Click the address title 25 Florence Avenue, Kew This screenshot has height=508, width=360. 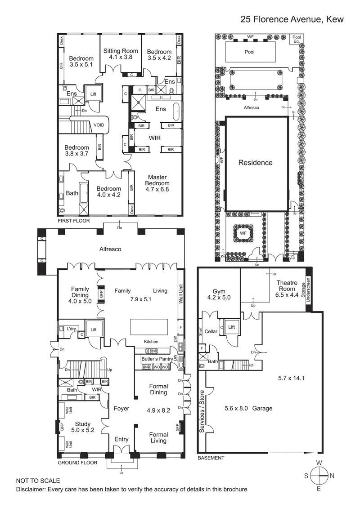(292, 19)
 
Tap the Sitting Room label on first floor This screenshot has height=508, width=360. (121, 51)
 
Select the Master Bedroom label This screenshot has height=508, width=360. (157, 180)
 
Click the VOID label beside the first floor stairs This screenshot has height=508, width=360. (99, 125)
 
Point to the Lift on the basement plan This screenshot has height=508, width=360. (231, 327)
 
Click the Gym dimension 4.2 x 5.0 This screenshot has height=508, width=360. (218, 297)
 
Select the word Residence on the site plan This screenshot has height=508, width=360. (255, 163)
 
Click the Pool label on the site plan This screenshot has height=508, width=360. (249, 52)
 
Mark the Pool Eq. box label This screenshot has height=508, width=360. (297, 40)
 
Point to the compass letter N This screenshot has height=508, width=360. (332, 476)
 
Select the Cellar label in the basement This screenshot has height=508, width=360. (211, 332)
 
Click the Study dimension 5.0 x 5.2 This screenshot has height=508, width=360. (83, 430)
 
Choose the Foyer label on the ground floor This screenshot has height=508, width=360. (121, 409)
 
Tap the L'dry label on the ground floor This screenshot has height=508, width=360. (71, 329)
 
